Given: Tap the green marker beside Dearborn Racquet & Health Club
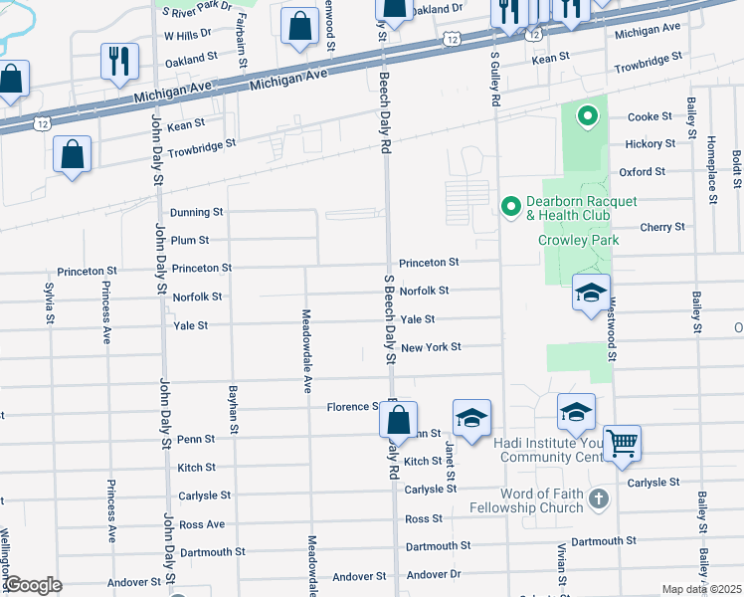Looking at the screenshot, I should pyautogui.click(x=510, y=207).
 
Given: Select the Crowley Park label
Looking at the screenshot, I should pyautogui.click(x=579, y=240).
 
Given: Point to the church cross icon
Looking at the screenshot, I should pyautogui.click(x=598, y=497).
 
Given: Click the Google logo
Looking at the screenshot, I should pyautogui.click(x=32, y=585).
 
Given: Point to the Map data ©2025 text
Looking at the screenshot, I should pyautogui.click(x=701, y=589).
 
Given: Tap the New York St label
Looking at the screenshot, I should pyautogui.click(x=431, y=347).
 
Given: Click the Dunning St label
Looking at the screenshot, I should pyautogui.click(x=196, y=213).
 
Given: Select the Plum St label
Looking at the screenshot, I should pyautogui.click(x=189, y=240).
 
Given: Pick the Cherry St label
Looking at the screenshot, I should pyautogui.click(x=663, y=227).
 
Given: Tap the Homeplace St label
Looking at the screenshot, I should pyautogui.click(x=712, y=169).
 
